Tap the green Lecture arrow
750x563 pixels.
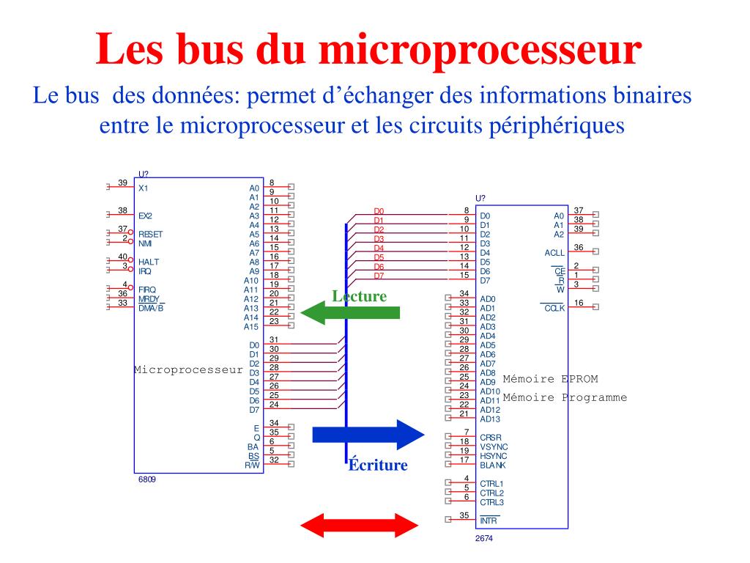(x=350, y=313)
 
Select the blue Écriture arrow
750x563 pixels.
(x=368, y=435)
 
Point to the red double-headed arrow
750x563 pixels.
(x=359, y=525)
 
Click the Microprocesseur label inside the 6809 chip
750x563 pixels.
(x=188, y=369)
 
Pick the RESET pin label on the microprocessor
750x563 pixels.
(x=151, y=234)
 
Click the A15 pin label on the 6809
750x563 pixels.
(x=251, y=326)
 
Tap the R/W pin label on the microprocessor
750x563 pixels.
(x=252, y=465)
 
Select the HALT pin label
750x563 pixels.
(x=149, y=262)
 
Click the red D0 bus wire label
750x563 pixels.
(x=379, y=211)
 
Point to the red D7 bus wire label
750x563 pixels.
(x=379, y=276)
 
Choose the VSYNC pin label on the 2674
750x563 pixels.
(x=494, y=446)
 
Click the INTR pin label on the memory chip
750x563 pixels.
(x=489, y=520)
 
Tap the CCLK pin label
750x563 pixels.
(x=554, y=308)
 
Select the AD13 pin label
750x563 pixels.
(x=490, y=419)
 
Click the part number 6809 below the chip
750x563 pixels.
(x=146, y=479)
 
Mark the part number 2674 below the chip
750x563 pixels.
(x=484, y=538)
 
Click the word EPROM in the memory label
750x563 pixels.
(x=580, y=379)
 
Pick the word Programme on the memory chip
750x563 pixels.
(x=595, y=397)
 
